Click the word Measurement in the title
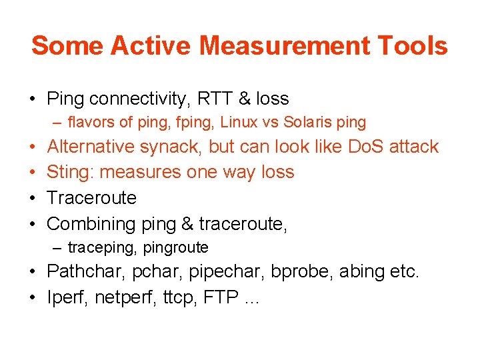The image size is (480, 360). point(283,46)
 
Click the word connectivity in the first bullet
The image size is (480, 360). point(139,99)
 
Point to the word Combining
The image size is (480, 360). point(91,224)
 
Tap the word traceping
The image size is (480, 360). point(94,248)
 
